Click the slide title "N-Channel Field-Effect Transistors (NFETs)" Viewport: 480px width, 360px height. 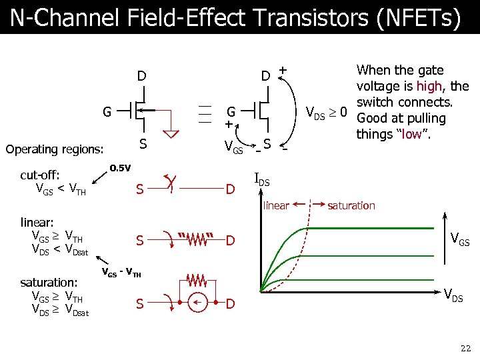click(235, 17)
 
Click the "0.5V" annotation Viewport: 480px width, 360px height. click(120, 167)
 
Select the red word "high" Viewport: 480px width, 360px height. click(427, 86)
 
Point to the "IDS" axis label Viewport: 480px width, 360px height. click(263, 179)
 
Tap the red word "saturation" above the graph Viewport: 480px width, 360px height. click(351, 205)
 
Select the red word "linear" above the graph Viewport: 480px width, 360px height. click(276, 205)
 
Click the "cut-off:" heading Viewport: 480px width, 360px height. click(40, 175)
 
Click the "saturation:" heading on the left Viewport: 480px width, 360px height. click(48, 283)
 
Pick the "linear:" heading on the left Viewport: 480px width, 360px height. click(37, 221)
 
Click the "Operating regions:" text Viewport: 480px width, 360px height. click(54, 149)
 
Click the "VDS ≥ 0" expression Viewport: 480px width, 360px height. click(326, 113)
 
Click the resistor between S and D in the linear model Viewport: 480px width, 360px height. click(197, 238)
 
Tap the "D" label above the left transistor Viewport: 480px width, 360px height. click(141, 76)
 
